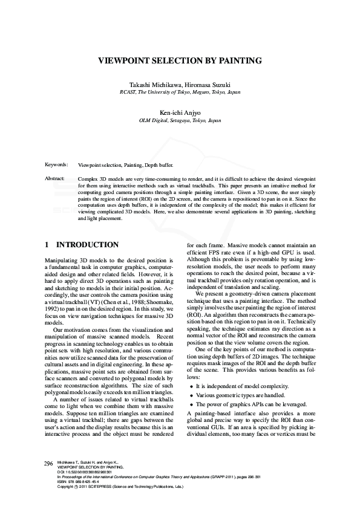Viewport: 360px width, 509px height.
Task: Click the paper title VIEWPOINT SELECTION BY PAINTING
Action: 180,60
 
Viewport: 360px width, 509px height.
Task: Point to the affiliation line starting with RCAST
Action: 180,92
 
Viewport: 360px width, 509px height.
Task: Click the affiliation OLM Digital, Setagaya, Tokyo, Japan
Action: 180,120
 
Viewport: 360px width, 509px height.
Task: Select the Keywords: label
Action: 56,164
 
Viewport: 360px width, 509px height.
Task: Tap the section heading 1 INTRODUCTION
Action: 82,245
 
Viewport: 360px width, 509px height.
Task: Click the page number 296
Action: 49,463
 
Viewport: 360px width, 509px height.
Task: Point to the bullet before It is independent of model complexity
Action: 192,386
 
